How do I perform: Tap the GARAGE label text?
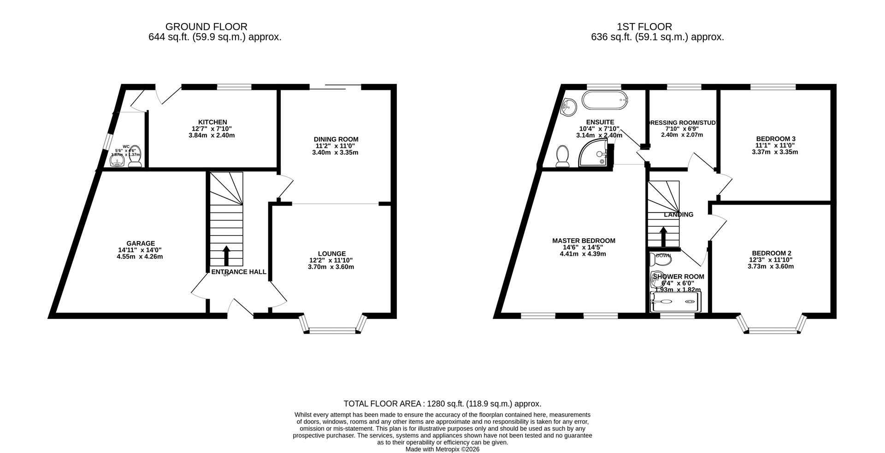tap(141, 243)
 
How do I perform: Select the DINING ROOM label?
tap(336, 139)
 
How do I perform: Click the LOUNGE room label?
tap(331, 253)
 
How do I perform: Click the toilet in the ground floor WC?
tap(135, 157)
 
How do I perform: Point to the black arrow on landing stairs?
tap(663, 236)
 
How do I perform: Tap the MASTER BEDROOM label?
tap(584, 241)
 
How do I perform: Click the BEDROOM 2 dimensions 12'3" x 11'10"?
tap(771, 259)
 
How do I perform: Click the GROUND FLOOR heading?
tap(206, 27)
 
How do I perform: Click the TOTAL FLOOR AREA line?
tap(442, 404)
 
